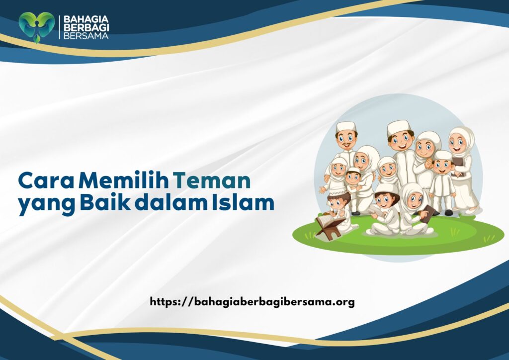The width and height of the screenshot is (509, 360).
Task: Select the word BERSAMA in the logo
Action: pos(84,36)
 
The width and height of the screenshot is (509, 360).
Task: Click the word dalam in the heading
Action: pos(164,204)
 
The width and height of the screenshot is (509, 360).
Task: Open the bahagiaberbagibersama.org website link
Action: pos(252,301)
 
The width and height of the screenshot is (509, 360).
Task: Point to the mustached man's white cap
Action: pos(346,126)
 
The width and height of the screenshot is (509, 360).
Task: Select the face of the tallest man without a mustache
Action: pos(401,140)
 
